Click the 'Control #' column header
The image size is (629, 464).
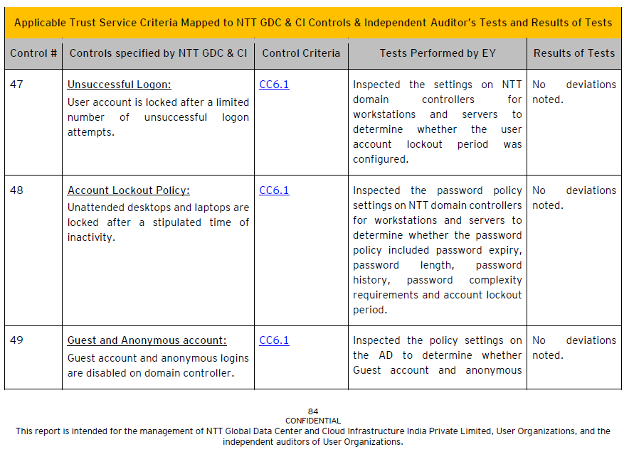coord(33,53)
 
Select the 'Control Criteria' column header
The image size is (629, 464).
coord(301,53)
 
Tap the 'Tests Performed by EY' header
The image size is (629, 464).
coord(438,53)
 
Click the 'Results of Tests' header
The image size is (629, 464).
coord(574,53)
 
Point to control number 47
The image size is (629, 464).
coord(16,85)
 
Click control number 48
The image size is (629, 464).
coord(16,190)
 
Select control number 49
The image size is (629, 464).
coord(16,340)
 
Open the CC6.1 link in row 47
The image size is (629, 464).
coord(274,85)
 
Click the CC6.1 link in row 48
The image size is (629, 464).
coord(274,190)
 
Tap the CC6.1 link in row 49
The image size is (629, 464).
coord(274,340)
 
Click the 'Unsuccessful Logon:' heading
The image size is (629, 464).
coord(119,85)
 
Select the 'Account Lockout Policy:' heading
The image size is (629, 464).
coord(129,190)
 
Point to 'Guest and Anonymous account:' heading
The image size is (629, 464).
coord(147,340)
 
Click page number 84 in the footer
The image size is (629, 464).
coord(313,411)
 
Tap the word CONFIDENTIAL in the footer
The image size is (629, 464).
coord(313,421)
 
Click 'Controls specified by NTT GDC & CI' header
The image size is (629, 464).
coord(158,53)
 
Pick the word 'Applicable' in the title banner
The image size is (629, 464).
coord(39,23)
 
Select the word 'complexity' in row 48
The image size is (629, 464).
coord(495,280)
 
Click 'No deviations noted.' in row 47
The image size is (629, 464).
coord(573,92)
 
